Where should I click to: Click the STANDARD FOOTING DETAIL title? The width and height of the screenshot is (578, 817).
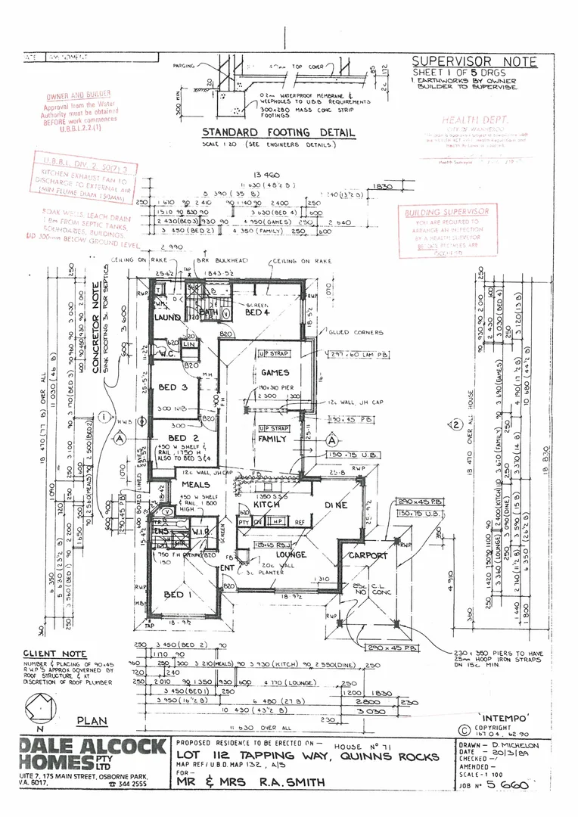pos(278,132)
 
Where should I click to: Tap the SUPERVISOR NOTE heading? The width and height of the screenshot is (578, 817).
pos(474,62)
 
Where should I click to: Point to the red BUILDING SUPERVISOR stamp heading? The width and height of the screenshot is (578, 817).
pos(446,213)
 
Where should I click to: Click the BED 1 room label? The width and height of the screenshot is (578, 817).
pos(179,596)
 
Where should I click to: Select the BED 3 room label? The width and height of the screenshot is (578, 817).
pos(172,387)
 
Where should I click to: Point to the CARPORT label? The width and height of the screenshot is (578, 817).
pos(368,555)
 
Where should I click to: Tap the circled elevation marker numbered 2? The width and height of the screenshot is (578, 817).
pos(455,425)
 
